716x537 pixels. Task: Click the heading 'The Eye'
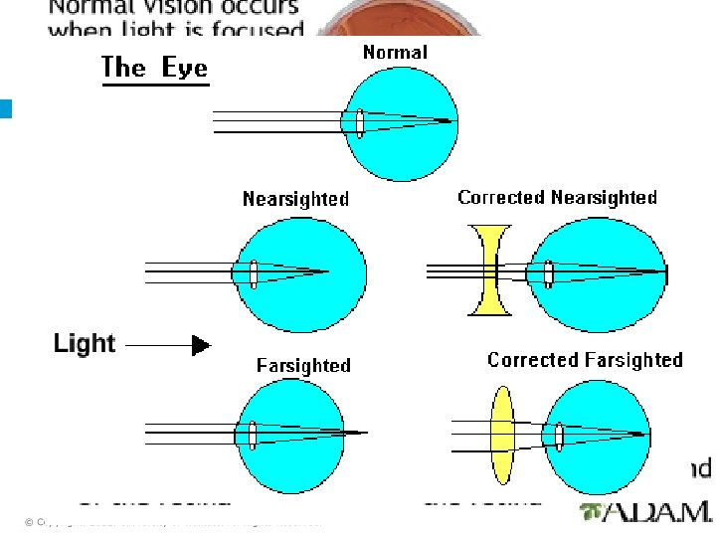(x=155, y=68)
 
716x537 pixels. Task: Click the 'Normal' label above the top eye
(x=395, y=53)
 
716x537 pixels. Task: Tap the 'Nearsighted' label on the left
(x=296, y=199)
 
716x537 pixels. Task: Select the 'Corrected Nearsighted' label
(x=557, y=198)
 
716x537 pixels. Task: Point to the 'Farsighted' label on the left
(x=303, y=365)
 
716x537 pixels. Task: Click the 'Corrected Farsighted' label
(x=585, y=360)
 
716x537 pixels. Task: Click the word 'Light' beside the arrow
(x=85, y=344)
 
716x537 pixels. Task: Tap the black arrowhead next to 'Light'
(x=201, y=345)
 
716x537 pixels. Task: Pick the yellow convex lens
(x=502, y=435)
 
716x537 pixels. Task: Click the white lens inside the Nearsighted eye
(x=254, y=272)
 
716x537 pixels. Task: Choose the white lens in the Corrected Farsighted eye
(x=560, y=435)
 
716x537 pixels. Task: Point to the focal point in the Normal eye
(x=449, y=121)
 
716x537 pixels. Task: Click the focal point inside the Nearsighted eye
(x=327, y=271)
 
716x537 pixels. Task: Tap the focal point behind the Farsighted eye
(x=367, y=433)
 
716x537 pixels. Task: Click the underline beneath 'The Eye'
(x=156, y=86)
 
